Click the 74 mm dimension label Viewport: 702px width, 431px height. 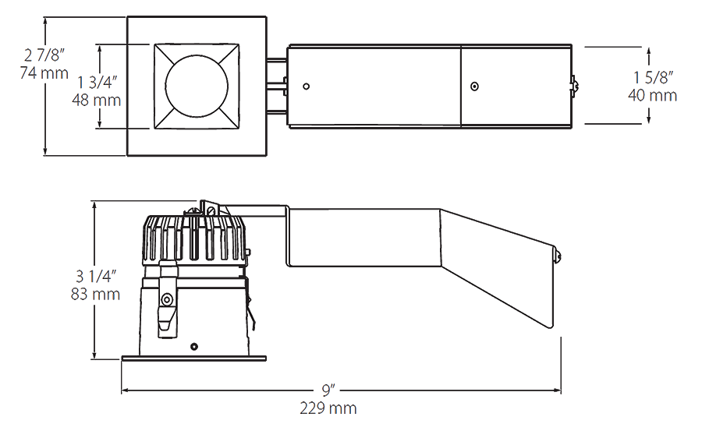point(44,73)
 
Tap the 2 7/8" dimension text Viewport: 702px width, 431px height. point(44,55)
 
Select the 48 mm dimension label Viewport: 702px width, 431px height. point(96,100)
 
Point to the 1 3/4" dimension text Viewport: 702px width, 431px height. point(97,83)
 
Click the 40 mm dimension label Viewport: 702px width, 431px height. point(652,95)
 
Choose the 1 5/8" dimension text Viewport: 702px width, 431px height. point(653,77)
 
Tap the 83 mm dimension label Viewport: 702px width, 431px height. point(95,294)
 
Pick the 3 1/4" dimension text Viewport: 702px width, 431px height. point(96,276)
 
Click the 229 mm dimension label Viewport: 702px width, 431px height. point(328,408)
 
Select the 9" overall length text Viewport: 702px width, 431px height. point(328,390)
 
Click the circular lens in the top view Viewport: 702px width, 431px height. point(197,87)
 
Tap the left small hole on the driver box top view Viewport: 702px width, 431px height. point(307,86)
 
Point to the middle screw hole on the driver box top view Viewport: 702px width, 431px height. point(474,86)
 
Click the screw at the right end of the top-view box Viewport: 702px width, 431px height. point(574,87)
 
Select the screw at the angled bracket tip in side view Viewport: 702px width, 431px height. point(558,256)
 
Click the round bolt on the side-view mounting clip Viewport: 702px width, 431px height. point(167,299)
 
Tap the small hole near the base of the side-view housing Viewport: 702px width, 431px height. point(194,346)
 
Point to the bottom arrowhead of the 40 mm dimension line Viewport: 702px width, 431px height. point(649,119)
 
